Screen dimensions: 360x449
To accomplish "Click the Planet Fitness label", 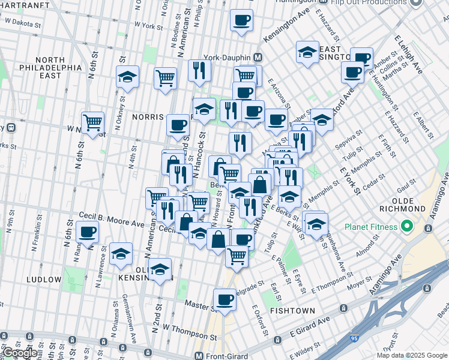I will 371,227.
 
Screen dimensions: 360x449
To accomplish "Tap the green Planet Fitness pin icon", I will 406,227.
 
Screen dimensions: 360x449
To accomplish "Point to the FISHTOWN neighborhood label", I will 289,311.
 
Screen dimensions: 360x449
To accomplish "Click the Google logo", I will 20,353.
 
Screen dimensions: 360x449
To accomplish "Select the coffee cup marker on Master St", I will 225,298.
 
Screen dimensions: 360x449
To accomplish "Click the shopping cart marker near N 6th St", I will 93,122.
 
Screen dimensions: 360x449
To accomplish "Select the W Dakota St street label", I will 22,23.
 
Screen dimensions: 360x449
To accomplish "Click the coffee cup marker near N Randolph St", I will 88,232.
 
